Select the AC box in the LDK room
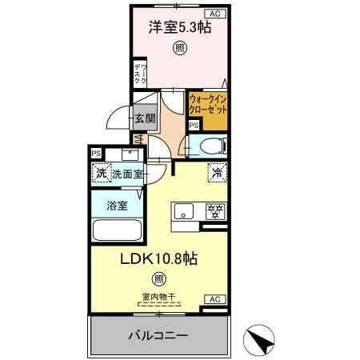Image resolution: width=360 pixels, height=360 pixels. [214, 298]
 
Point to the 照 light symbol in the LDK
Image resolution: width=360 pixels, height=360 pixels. [159, 280]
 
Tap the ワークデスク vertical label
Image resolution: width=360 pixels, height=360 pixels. [138, 74]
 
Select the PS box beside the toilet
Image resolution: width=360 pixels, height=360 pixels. [194, 125]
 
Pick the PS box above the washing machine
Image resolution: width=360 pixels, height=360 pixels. [96, 154]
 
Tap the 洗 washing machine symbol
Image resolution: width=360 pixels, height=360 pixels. [101, 173]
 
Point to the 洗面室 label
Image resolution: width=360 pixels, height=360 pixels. [126, 173]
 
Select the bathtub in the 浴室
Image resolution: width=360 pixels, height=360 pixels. [117, 230]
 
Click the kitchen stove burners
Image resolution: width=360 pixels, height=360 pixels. [214, 212]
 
